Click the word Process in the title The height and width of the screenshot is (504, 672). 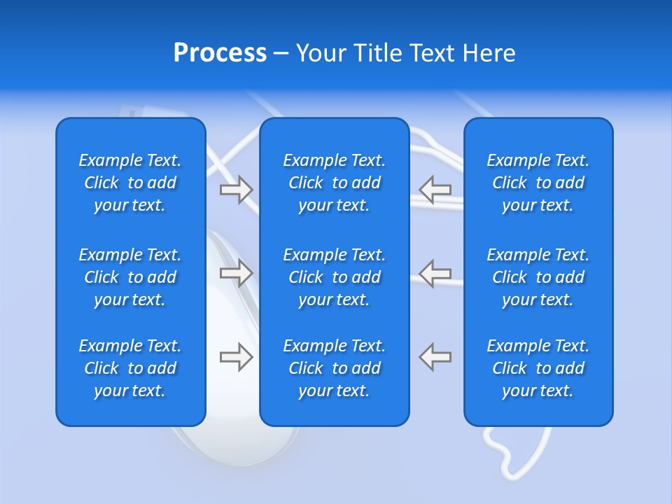tap(220, 52)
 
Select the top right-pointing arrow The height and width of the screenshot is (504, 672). tap(237, 189)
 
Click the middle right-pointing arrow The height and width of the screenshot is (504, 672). tap(237, 273)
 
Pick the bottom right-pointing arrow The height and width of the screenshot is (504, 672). tap(237, 357)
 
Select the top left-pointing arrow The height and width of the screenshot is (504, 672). tap(435, 189)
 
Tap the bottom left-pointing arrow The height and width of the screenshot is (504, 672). tap(435, 357)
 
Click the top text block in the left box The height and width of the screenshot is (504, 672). tap(130, 183)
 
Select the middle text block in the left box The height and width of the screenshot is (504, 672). tap(130, 277)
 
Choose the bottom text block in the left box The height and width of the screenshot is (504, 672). tap(130, 368)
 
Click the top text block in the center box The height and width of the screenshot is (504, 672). tap(334, 183)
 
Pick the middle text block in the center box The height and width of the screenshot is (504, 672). tap(334, 277)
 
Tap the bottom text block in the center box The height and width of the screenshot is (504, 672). tap(334, 368)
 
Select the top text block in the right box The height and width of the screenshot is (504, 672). tap(538, 183)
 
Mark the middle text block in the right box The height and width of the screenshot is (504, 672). tap(538, 277)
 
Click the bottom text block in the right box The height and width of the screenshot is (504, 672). tap(538, 368)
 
